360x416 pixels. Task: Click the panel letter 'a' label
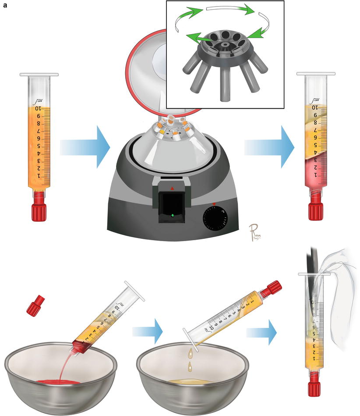point(4,6)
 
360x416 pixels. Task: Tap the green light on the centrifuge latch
point(173,215)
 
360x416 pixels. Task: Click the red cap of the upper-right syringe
point(314,210)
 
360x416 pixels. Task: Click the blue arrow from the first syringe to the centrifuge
point(84,147)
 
